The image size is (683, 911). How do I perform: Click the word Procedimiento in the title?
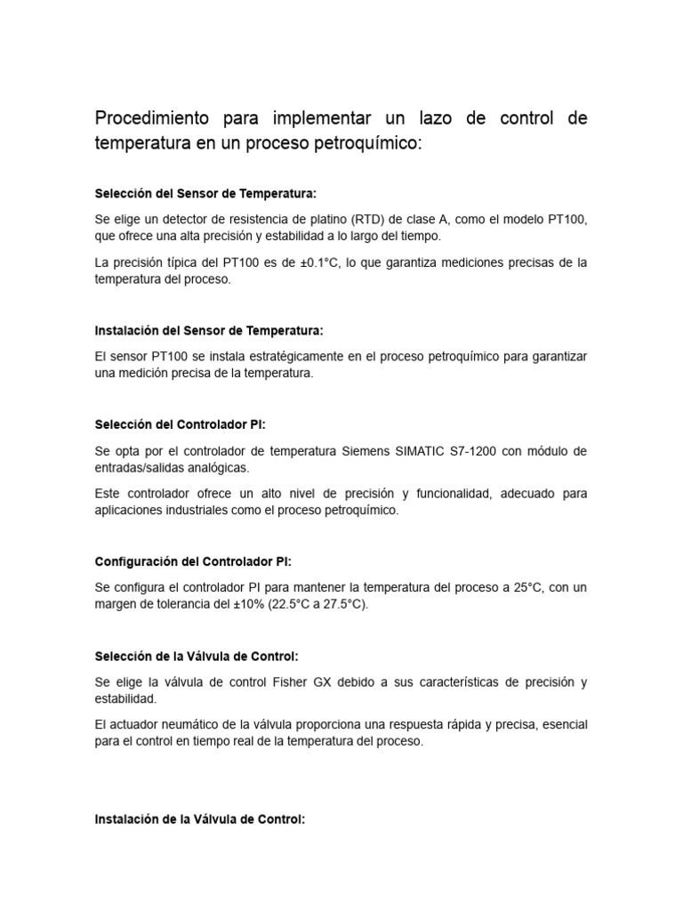tap(152, 119)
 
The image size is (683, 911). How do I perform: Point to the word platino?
tap(325, 220)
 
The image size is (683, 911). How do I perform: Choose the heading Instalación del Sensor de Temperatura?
tap(209, 330)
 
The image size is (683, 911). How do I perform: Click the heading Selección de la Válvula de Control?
tap(196, 656)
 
